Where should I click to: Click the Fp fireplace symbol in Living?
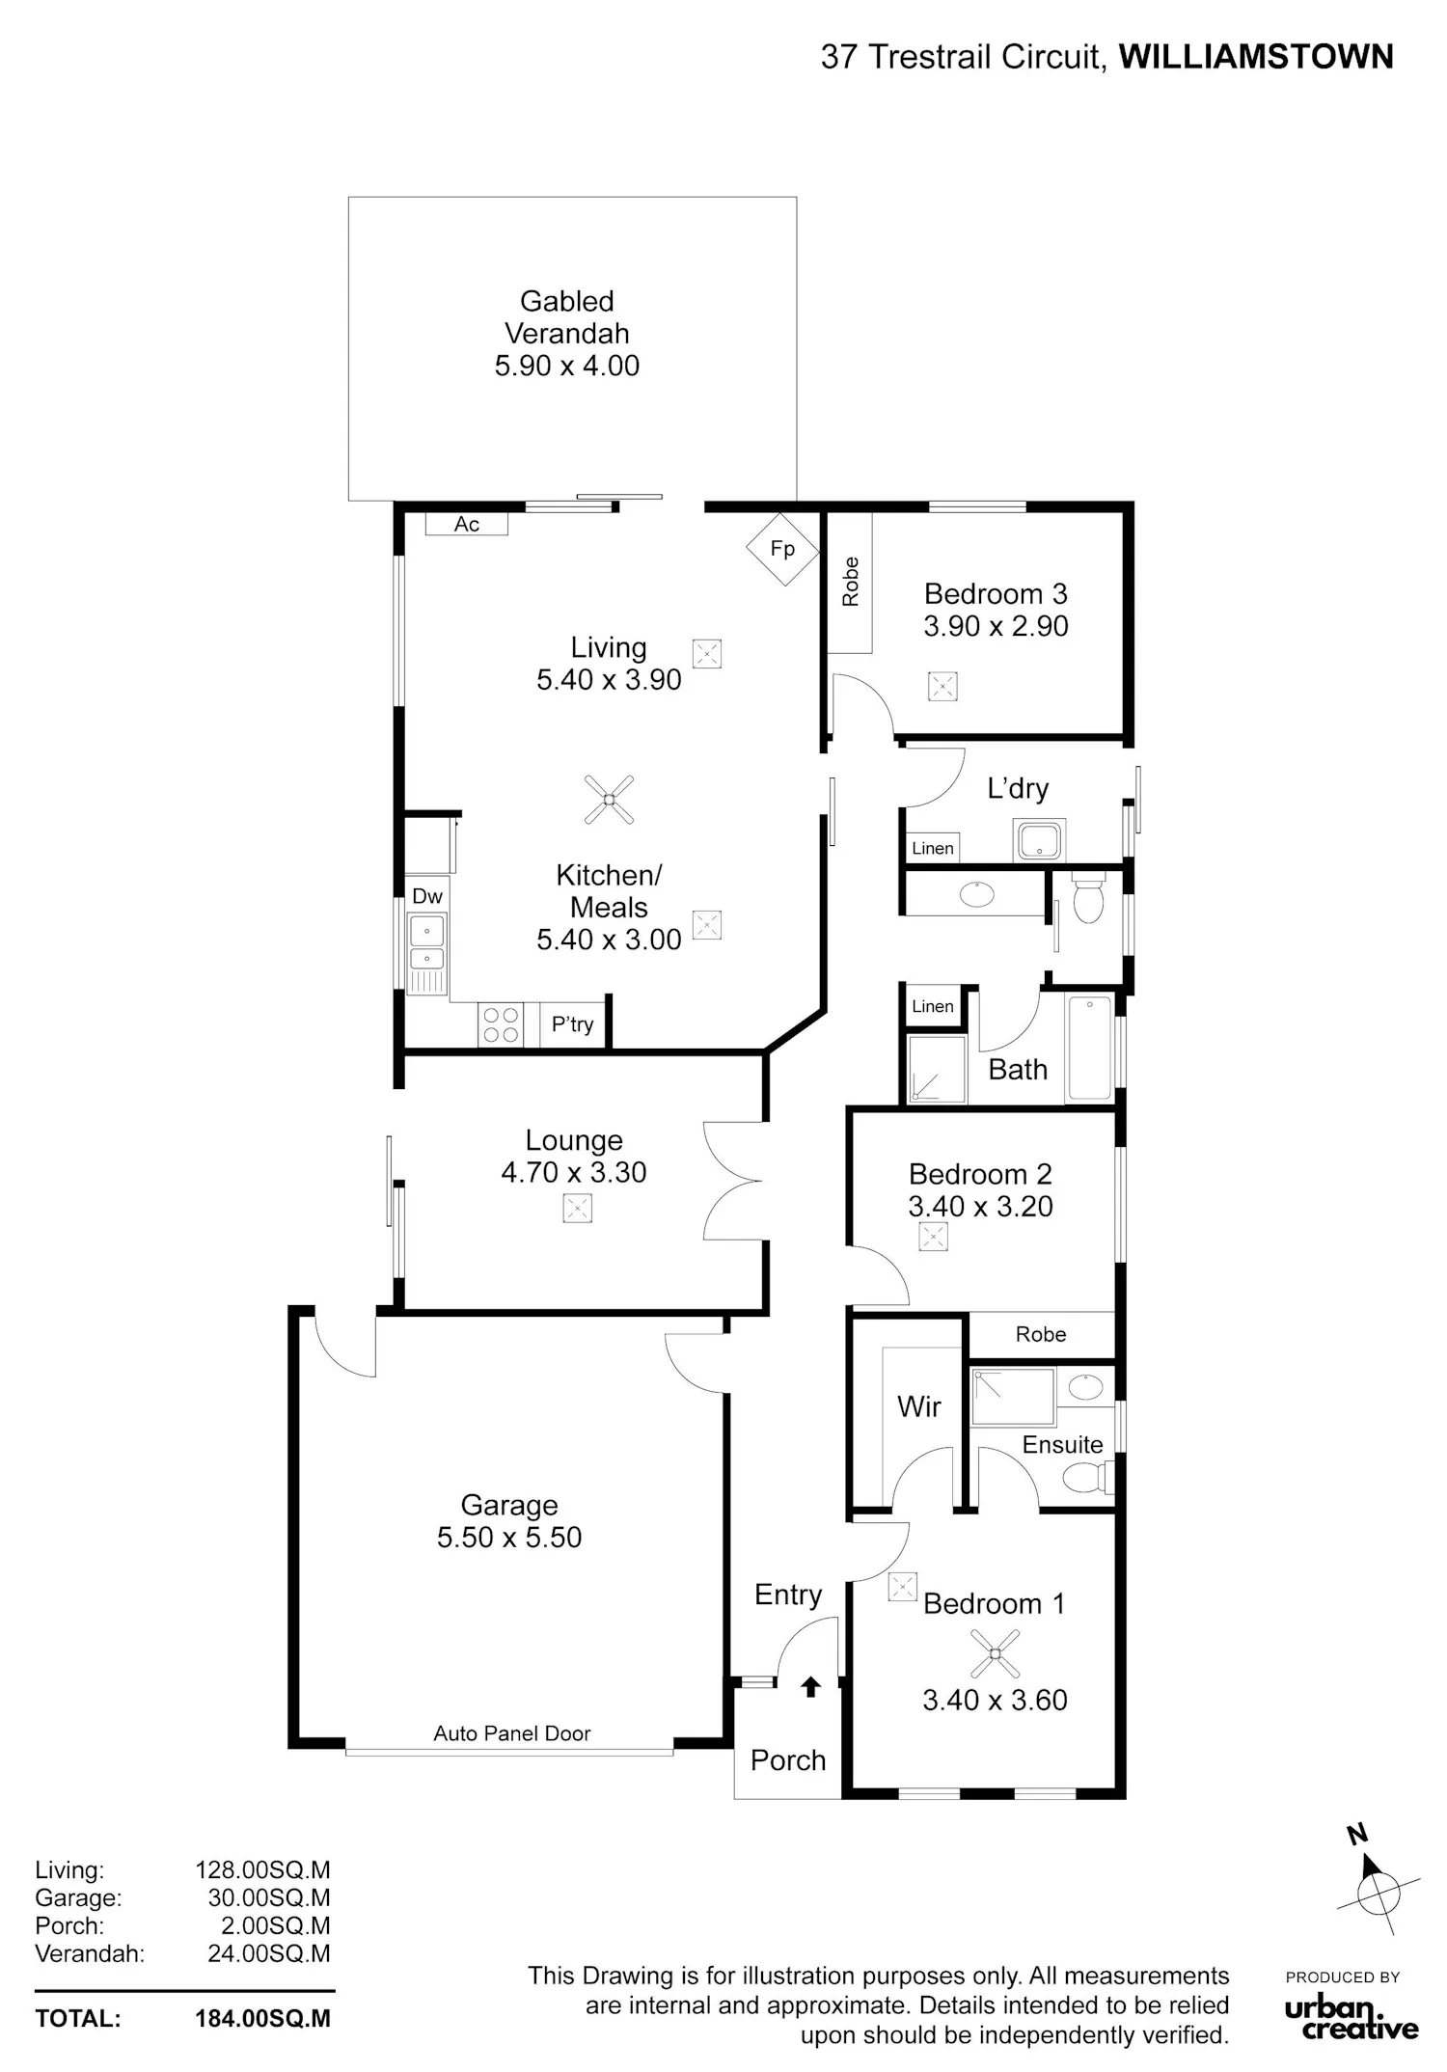click(x=782, y=549)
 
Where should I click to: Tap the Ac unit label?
click(x=467, y=524)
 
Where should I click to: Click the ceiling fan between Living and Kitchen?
click(x=610, y=800)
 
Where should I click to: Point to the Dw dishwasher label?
click(x=427, y=896)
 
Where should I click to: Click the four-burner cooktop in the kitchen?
click(x=501, y=1024)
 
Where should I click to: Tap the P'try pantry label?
click(x=573, y=1024)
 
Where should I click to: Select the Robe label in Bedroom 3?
click(x=850, y=582)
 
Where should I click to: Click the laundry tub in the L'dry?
click(x=1039, y=839)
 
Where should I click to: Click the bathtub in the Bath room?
click(x=1090, y=1049)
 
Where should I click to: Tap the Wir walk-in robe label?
click(x=918, y=1406)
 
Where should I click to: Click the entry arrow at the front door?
click(x=811, y=1686)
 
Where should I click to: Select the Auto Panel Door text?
click(x=512, y=1733)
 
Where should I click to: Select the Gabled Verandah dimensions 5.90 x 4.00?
click(x=567, y=366)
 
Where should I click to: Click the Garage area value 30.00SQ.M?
click(x=269, y=1897)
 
